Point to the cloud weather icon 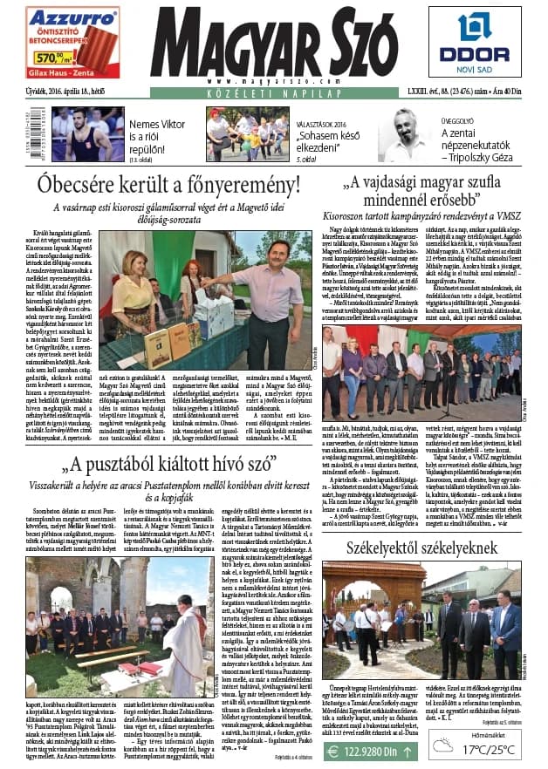(446, 745)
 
